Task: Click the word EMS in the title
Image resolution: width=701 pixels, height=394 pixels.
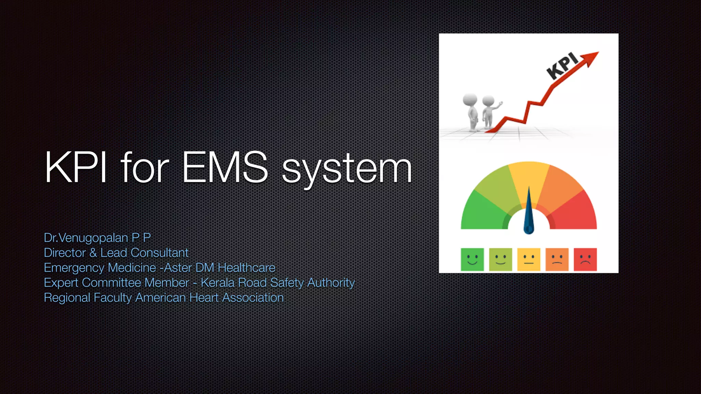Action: pyautogui.click(x=225, y=167)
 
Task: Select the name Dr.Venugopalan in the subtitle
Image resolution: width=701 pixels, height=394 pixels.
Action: pyautogui.click(x=86, y=238)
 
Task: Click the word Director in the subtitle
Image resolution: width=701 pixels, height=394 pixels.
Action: pyautogui.click(x=65, y=253)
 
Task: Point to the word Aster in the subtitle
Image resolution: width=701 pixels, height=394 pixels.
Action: pyautogui.click(x=178, y=268)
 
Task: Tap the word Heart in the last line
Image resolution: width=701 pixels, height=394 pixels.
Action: pyautogui.click(x=204, y=298)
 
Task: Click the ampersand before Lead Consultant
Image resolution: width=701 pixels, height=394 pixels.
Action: pyautogui.click(x=93, y=253)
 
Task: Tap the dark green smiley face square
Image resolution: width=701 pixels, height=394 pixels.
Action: pyautogui.click(x=472, y=260)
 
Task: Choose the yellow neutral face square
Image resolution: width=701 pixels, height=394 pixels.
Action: pyautogui.click(x=529, y=260)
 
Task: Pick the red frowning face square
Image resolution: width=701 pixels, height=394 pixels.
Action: pyautogui.click(x=585, y=260)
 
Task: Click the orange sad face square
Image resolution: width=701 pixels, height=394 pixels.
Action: pyautogui.click(x=557, y=260)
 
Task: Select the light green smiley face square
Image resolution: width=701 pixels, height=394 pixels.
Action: pyautogui.click(x=500, y=260)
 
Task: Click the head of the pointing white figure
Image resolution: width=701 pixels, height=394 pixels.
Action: pyautogui.click(x=488, y=101)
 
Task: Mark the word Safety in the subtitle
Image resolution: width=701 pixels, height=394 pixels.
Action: pyautogui.click(x=287, y=283)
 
